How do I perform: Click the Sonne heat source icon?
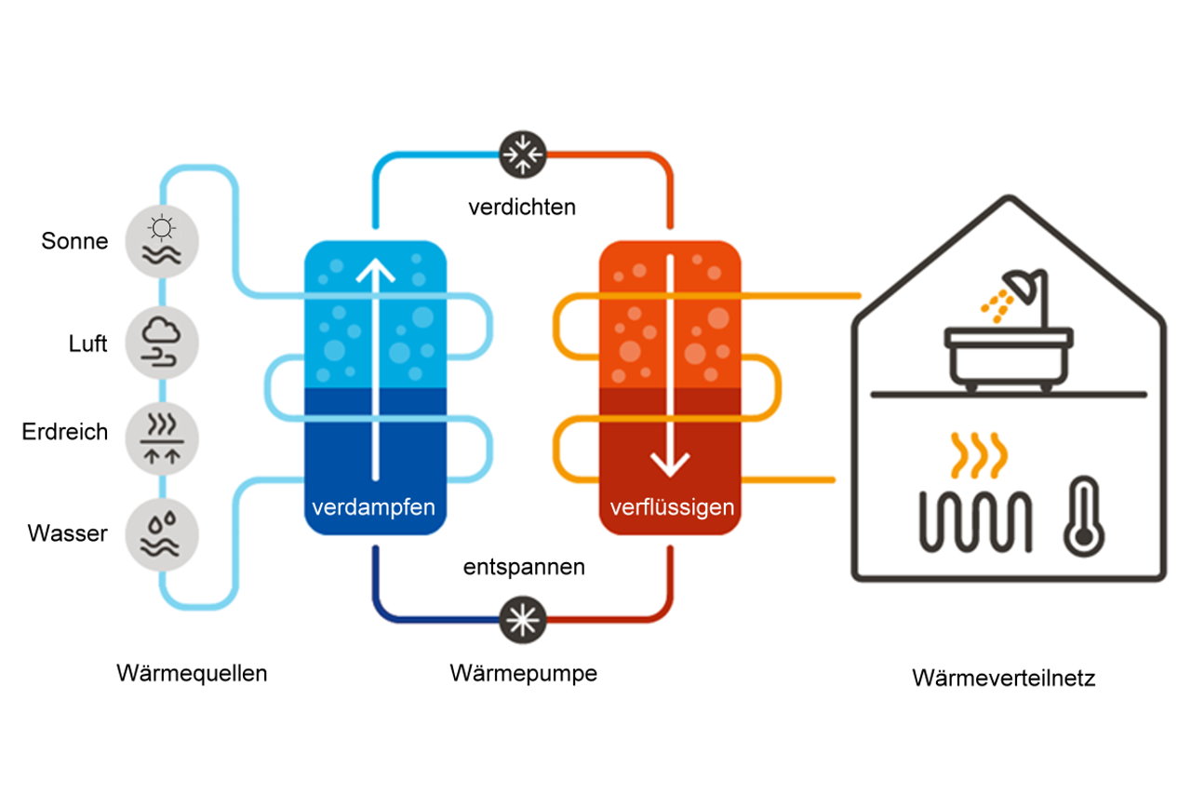(162, 238)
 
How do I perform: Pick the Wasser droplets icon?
(162, 533)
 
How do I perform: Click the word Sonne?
(74, 241)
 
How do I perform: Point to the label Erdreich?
(65, 432)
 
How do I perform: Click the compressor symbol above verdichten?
(522, 152)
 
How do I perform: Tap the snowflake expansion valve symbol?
(522, 619)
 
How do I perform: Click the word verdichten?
(522, 206)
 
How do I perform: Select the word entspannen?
(524, 566)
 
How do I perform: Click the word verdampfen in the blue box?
(373, 507)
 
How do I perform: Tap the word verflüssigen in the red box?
(672, 507)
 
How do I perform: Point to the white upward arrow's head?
(375, 272)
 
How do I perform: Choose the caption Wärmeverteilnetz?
(1003, 678)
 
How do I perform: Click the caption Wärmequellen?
(192, 673)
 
